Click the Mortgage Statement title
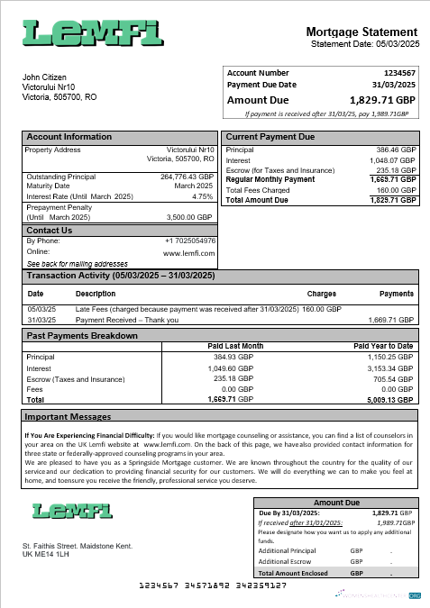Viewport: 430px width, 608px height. coord(362,32)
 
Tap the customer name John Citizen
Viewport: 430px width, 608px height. coord(48,77)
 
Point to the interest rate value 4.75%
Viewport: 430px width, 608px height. coord(202,196)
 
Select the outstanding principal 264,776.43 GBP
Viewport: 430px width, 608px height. coord(187,177)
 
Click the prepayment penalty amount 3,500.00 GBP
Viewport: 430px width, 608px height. coord(190,217)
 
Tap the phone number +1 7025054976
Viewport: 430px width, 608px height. coord(190,240)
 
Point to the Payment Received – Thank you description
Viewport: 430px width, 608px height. coord(127,320)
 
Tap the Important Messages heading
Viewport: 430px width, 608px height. coord(69,418)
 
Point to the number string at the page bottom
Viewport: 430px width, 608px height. coord(215,586)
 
